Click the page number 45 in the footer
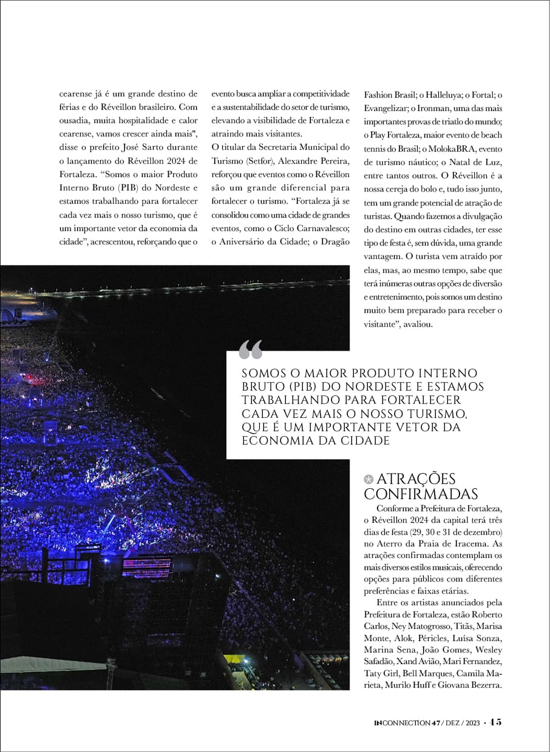pos(495,722)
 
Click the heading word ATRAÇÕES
pos(416,479)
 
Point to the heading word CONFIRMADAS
pos(421,494)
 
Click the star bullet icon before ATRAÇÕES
pos(368,480)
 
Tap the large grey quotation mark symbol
pos(251,350)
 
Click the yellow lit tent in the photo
pos(233,659)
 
